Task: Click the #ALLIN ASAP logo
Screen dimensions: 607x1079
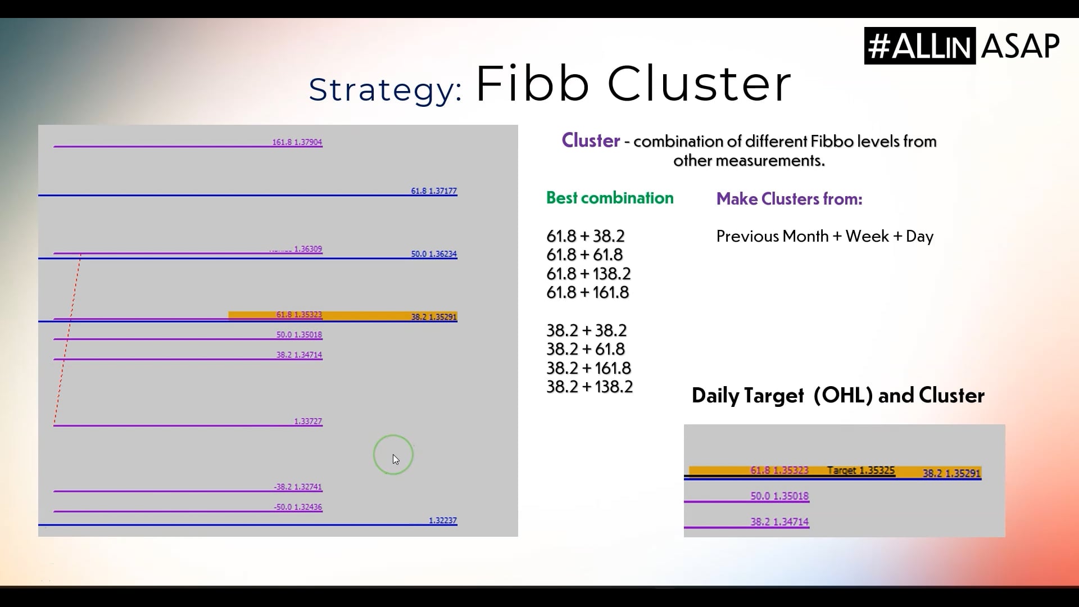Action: point(962,46)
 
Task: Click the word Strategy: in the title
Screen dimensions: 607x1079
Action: point(385,89)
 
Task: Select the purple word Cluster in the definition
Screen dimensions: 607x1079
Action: point(591,141)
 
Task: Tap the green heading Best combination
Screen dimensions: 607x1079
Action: point(610,198)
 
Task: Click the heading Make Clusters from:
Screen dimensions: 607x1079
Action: point(789,199)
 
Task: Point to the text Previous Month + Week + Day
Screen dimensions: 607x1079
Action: point(824,236)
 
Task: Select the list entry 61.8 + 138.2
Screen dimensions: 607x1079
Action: point(588,274)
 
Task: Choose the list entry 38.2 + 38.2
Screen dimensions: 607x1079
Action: point(586,330)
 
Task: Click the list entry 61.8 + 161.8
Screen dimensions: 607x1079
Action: point(587,292)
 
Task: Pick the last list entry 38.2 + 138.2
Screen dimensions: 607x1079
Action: point(590,387)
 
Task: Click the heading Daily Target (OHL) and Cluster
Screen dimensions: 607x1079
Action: point(837,396)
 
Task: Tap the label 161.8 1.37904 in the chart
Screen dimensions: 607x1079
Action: point(297,143)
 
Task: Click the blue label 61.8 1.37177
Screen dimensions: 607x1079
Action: point(433,191)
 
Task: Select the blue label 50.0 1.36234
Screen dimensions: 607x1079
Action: point(433,254)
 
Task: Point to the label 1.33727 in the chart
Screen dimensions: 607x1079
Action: point(308,422)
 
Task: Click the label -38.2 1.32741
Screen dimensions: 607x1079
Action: point(298,487)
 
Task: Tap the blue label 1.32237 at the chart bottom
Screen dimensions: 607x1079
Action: point(442,521)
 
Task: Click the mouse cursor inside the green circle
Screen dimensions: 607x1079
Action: point(396,459)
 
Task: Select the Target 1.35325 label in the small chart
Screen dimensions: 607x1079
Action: point(860,471)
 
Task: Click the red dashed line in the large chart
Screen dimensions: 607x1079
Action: point(67,337)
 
